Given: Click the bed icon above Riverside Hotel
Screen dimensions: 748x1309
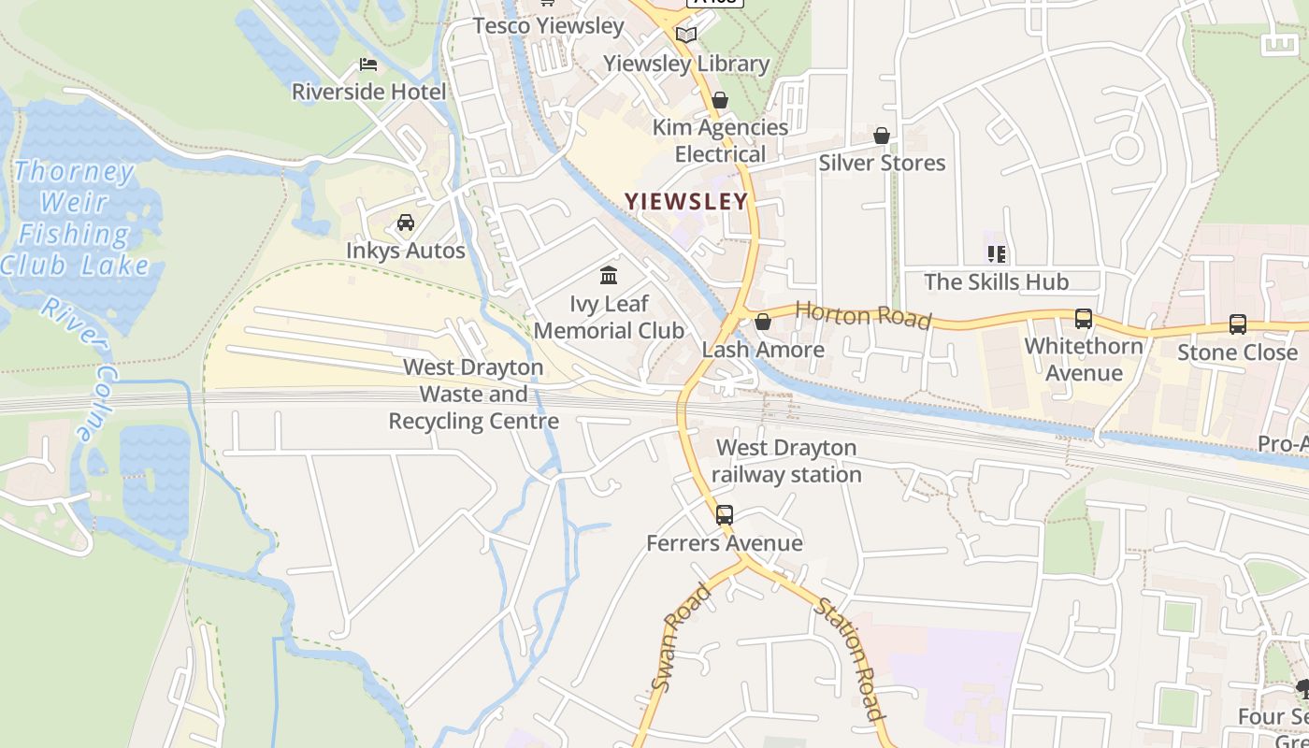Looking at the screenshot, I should [x=368, y=65].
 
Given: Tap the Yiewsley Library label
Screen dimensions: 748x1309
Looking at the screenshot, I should [x=686, y=64].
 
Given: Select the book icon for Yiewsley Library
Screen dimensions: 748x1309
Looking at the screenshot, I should [x=686, y=35].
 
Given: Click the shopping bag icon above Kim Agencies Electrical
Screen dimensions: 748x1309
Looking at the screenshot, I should [x=720, y=99].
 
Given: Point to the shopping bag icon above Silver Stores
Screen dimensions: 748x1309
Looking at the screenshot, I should [x=881, y=136].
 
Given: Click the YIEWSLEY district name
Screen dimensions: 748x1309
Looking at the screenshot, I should [x=686, y=201].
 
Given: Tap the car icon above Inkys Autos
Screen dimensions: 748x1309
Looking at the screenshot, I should [x=406, y=223].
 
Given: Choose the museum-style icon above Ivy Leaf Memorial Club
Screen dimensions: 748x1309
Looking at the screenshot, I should [x=609, y=275].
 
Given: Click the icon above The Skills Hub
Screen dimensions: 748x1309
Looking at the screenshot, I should [x=996, y=253].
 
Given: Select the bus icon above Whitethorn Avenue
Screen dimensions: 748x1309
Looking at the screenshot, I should [x=1084, y=319].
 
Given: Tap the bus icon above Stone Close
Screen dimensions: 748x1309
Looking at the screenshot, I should [x=1237, y=324].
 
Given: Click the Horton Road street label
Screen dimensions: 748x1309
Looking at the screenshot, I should [x=863, y=315].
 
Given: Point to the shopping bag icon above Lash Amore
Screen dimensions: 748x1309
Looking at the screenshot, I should [x=763, y=322].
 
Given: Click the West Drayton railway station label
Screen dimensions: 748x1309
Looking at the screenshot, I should [x=786, y=461].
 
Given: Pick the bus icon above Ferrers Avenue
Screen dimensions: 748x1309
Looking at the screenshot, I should [x=725, y=514].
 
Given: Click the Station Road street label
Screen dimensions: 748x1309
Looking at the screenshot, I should [x=850, y=658].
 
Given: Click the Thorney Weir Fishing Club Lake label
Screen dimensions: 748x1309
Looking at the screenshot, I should [x=75, y=218].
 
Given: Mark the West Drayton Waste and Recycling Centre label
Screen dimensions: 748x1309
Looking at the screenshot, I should [x=473, y=395].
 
